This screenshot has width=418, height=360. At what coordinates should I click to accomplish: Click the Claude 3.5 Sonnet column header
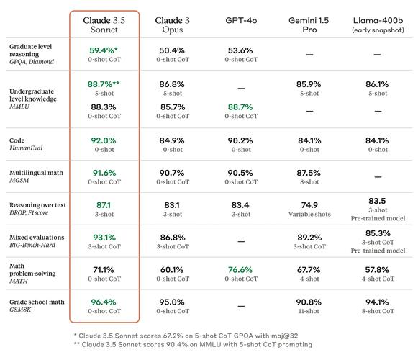[x=104, y=24]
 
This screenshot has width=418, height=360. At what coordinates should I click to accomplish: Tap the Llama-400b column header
[x=378, y=24]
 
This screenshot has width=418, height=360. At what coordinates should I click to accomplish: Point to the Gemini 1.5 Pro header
[x=309, y=24]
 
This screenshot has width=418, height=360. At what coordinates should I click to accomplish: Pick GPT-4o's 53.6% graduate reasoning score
[x=240, y=50]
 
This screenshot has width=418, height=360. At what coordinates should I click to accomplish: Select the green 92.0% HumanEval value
[x=103, y=140]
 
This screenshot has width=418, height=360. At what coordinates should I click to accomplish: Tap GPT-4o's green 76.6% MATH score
[x=240, y=270]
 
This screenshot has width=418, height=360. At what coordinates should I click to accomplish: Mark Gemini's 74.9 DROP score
[x=309, y=205]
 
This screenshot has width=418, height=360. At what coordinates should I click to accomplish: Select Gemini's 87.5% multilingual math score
[x=309, y=173]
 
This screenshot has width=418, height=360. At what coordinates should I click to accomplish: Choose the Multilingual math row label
[x=34, y=173]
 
